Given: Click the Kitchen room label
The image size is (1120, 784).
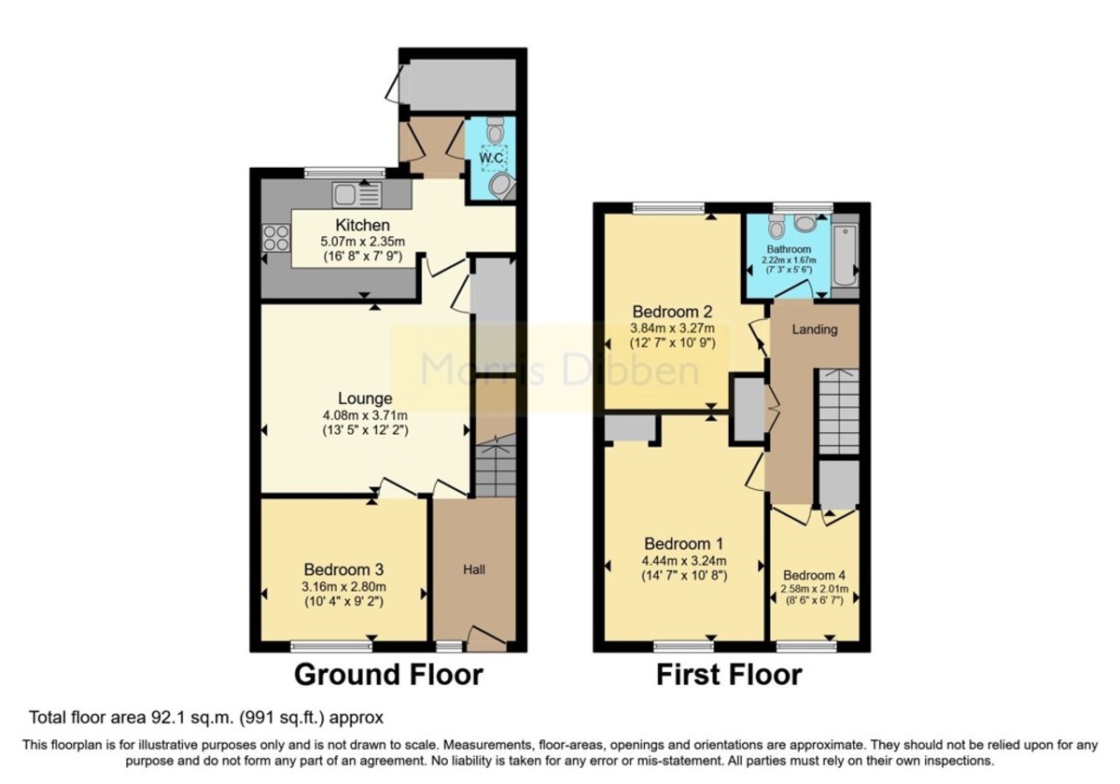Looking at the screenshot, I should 362,226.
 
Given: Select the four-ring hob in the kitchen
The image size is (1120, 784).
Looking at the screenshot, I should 275,238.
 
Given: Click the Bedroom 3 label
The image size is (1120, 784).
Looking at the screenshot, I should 343,568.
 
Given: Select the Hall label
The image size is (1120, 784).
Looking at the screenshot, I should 474,568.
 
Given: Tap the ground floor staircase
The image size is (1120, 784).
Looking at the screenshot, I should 495,470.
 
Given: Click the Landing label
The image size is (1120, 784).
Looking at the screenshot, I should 814,329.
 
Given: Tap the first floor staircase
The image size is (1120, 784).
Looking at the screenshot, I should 837,411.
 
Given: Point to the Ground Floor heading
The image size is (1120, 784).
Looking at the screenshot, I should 388,674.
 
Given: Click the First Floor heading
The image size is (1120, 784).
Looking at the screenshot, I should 728,674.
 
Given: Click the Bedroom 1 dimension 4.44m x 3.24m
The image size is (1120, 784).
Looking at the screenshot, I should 685,561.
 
